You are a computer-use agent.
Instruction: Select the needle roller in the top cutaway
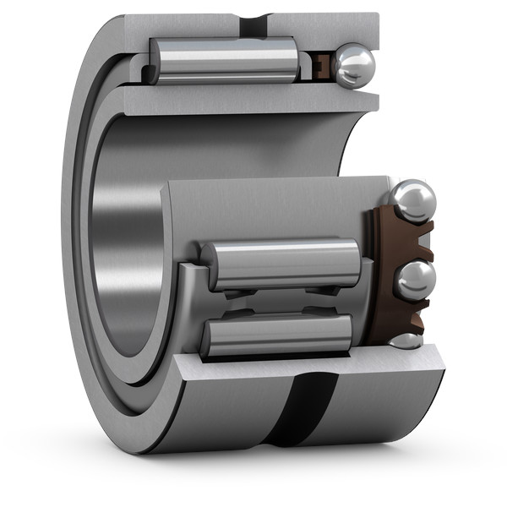pyautogui.click(x=224, y=59)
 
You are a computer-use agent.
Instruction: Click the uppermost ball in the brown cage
pyautogui.click(x=412, y=200)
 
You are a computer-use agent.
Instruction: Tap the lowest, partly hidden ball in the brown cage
pyautogui.click(x=406, y=341)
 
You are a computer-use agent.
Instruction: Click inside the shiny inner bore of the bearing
pyautogui.click(x=127, y=253)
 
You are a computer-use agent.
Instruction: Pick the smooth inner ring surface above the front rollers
pyautogui.click(x=270, y=207)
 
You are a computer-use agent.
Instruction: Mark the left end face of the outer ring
pyautogui.click(x=76, y=253)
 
